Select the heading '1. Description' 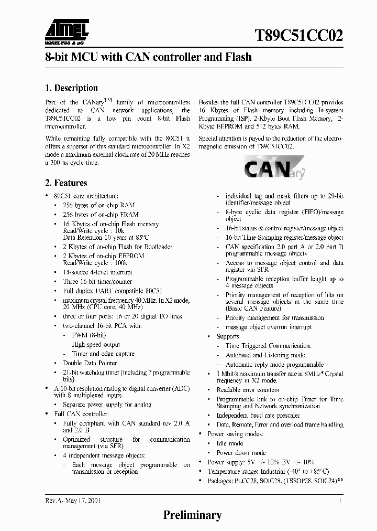tap(71, 88)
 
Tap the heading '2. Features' tap(65, 183)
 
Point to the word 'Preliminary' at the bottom tap(193, 515)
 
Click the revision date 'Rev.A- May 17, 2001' tap(73, 501)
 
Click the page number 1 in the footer tap(340, 501)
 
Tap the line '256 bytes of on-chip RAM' tap(98, 205)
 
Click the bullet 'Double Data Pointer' tap(90, 363)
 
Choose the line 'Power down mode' tap(241, 452)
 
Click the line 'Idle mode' tap(230, 443)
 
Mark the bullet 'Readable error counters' tap(248, 390)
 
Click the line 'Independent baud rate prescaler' tap(259, 415)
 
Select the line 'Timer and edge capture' tap(103, 354)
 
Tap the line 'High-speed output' tap(96, 344)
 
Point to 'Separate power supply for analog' tap(107, 405)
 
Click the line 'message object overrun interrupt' tap(268, 327)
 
